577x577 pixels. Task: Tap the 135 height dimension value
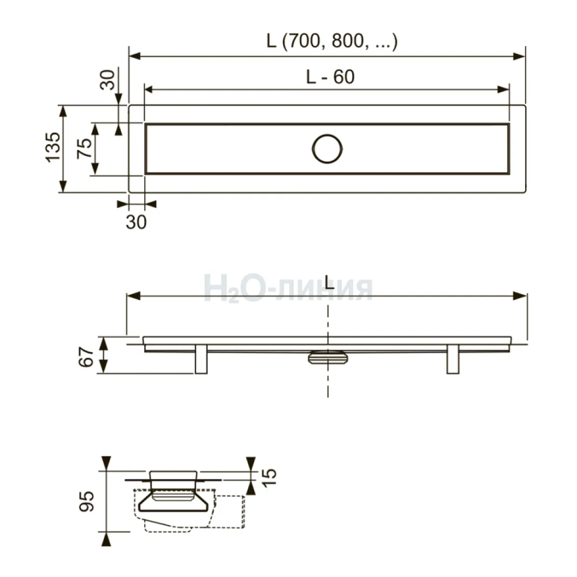point(53,147)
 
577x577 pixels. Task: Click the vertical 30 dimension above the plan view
point(108,80)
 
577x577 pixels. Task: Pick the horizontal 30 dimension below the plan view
point(136,222)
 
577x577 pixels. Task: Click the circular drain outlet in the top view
point(327,149)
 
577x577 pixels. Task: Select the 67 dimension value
point(86,357)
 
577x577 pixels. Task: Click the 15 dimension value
point(269,477)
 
